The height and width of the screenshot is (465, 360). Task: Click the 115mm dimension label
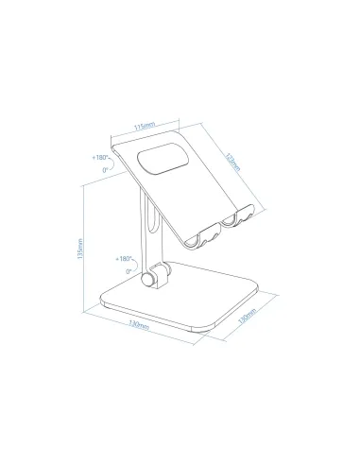tap(144, 125)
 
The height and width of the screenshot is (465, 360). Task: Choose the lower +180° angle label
tap(122, 258)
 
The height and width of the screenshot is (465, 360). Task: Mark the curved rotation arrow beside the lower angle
tap(133, 265)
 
